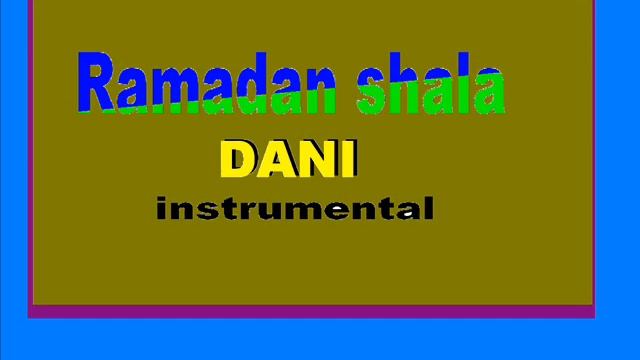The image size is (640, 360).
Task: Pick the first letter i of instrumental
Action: tap(163, 209)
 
